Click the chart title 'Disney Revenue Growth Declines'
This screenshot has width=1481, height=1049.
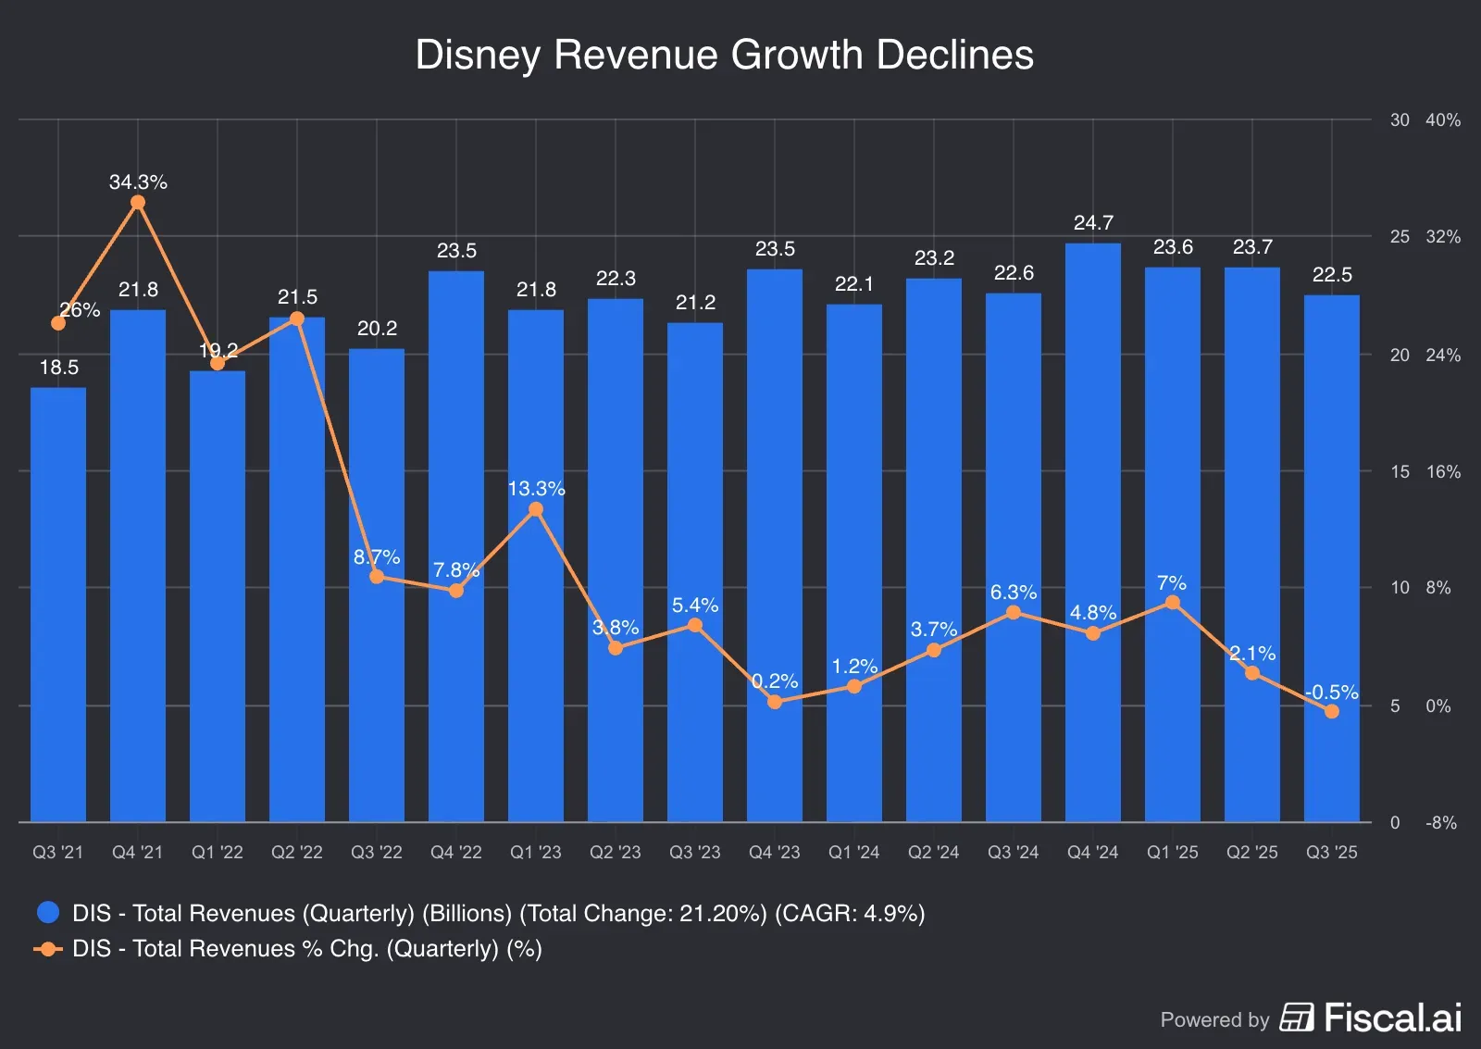click(x=724, y=55)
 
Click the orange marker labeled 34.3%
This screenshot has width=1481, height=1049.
click(x=138, y=203)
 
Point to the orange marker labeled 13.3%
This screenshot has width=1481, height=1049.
click(x=536, y=509)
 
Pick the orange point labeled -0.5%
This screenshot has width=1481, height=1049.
click(x=1332, y=711)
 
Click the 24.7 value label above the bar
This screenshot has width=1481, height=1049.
click(x=1093, y=223)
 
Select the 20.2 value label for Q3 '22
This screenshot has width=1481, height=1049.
click(x=377, y=329)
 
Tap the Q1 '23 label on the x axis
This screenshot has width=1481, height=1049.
click(x=536, y=852)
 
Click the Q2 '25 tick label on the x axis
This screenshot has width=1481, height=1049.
click(x=1252, y=852)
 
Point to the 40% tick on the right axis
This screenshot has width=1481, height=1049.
click(x=1443, y=120)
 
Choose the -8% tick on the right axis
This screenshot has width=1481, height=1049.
click(x=1441, y=823)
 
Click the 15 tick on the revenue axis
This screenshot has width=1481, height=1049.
click(x=1400, y=472)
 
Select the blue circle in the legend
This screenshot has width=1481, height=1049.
click(x=48, y=913)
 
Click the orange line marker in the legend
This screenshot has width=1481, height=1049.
click(x=48, y=949)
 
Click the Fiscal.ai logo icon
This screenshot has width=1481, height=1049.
click(x=1297, y=1017)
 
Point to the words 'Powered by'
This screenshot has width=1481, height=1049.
click(x=1214, y=1020)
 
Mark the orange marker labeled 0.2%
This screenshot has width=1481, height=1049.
click(x=775, y=702)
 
